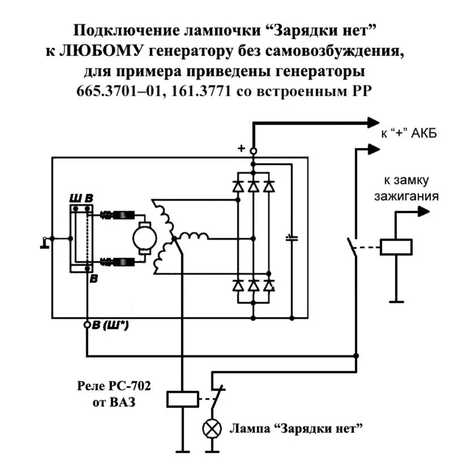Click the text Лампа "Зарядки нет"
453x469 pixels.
pos(295,428)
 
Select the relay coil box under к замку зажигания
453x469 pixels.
pos(396,246)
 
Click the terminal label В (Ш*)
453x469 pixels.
pos(110,325)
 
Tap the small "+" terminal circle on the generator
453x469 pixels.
pos(253,150)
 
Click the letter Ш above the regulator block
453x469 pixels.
pos(74,198)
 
